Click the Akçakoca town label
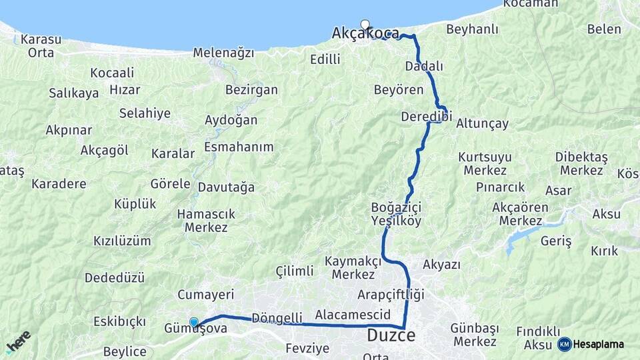tap(365, 34)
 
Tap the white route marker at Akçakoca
tap(365, 25)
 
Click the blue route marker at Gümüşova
tap(194, 322)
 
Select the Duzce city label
tap(391, 336)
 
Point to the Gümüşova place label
tap(195, 329)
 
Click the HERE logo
tap(18, 341)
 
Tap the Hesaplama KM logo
tap(591, 344)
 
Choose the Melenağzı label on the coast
tap(223, 53)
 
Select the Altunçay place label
tap(483, 123)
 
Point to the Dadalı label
tap(424, 67)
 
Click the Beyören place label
tap(399, 89)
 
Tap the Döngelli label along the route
tap(277, 317)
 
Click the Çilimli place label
tap(294, 271)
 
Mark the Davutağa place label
tap(227, 187)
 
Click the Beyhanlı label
tap(472, 29)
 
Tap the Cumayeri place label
tap(206, 294)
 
